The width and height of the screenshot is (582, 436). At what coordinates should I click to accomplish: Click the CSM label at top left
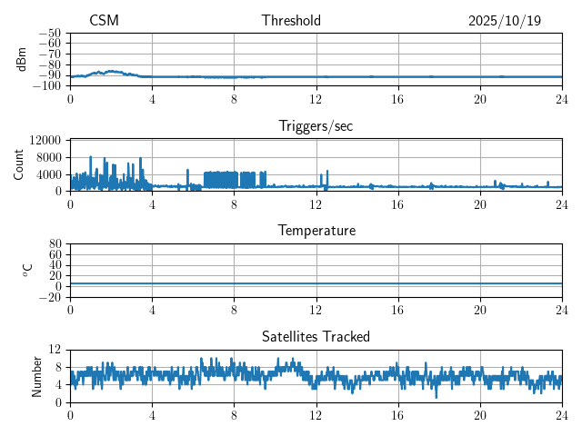click(x=104, y=21)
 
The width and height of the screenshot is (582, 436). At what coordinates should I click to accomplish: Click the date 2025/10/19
click(x=504, y=21)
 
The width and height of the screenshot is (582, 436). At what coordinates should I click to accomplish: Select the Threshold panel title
click(x=291, y=21)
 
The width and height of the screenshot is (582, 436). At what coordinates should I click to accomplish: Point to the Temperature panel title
click(x=316, y=231)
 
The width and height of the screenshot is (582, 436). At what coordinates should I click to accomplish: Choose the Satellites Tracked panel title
click(x=316, y=336)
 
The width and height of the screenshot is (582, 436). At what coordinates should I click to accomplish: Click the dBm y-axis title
click(x=23, y=58)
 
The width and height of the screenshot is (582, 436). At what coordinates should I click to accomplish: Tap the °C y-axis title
click(x=27, y=270)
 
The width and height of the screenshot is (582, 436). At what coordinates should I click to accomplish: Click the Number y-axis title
click(x=37, y=375)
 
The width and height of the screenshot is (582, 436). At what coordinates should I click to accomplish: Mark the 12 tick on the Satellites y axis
click(x=55, y=350)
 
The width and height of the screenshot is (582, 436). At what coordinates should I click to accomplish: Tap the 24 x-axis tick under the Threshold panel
click(x=562, y=98)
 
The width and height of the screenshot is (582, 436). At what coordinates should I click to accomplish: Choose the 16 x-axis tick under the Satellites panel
click(x=398, y=415)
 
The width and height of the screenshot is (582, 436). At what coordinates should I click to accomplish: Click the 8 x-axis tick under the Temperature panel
click(x=234, y=310)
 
